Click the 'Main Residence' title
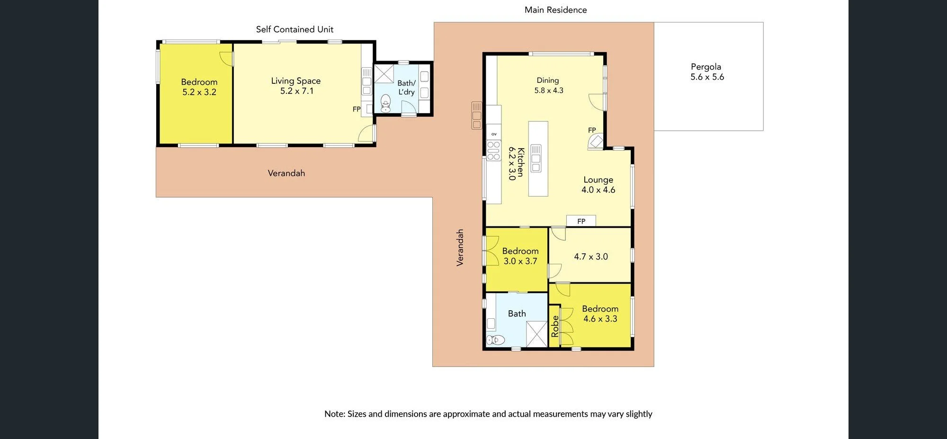[x=555, y=10]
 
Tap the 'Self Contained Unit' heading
[x=295, y=29]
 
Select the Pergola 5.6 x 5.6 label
[x=707, y=72]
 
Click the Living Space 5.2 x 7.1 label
[x=296, y=86]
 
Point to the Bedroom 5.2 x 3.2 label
[x=199, y=87]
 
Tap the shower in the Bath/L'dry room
[x=384, y=74]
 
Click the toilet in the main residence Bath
[x=496, y=340]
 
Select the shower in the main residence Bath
[x=537, y=334]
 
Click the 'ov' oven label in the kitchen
[x=494, y=134]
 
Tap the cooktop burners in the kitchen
[x=493, y=151]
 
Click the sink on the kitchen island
[x=536, y=158]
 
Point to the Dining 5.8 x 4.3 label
[x=548, y=85]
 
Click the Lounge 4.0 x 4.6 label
[x=599, y=185]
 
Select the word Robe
[x=555, y=326]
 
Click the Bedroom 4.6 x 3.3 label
[x=600, y=314]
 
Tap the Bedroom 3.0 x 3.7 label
[x=520, y=256]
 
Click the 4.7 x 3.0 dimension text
[x=591, y=257]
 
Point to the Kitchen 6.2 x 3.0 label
[x=516, y=163]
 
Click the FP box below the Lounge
[x=581, y=221]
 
